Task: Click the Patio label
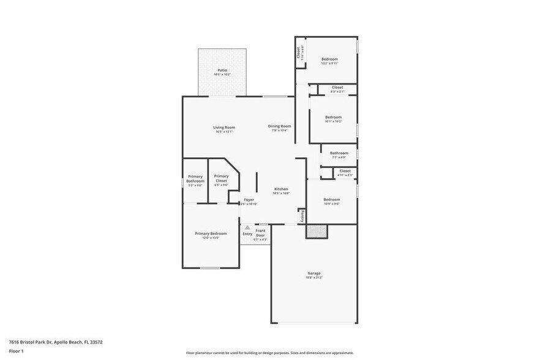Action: click(x=222, y=70)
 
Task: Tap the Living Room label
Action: click(x=224, y=127)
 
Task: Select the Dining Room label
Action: click(x=279, y=126)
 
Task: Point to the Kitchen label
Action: click(x=281, y=189)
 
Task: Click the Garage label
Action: click(x=313, y=273)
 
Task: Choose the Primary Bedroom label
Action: click(x=211, y=233)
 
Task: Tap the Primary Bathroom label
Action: click(x=195, y=179)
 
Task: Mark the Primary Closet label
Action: click(x=221, y=179)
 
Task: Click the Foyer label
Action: click(x=249, y=200)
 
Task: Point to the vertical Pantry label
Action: click(x=302, y=216)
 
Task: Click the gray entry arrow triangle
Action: click(x=247, y=227)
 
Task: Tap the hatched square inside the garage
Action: click(x=317, y=231)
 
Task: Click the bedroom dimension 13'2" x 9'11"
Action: click(x=329, y=63)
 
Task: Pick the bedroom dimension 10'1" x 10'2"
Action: click(x=333, y=121)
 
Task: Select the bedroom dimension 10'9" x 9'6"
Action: click(x=331, y=204)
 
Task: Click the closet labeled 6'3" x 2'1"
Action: click(x=337, y=91)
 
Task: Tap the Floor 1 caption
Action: click(x=16, y=351)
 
